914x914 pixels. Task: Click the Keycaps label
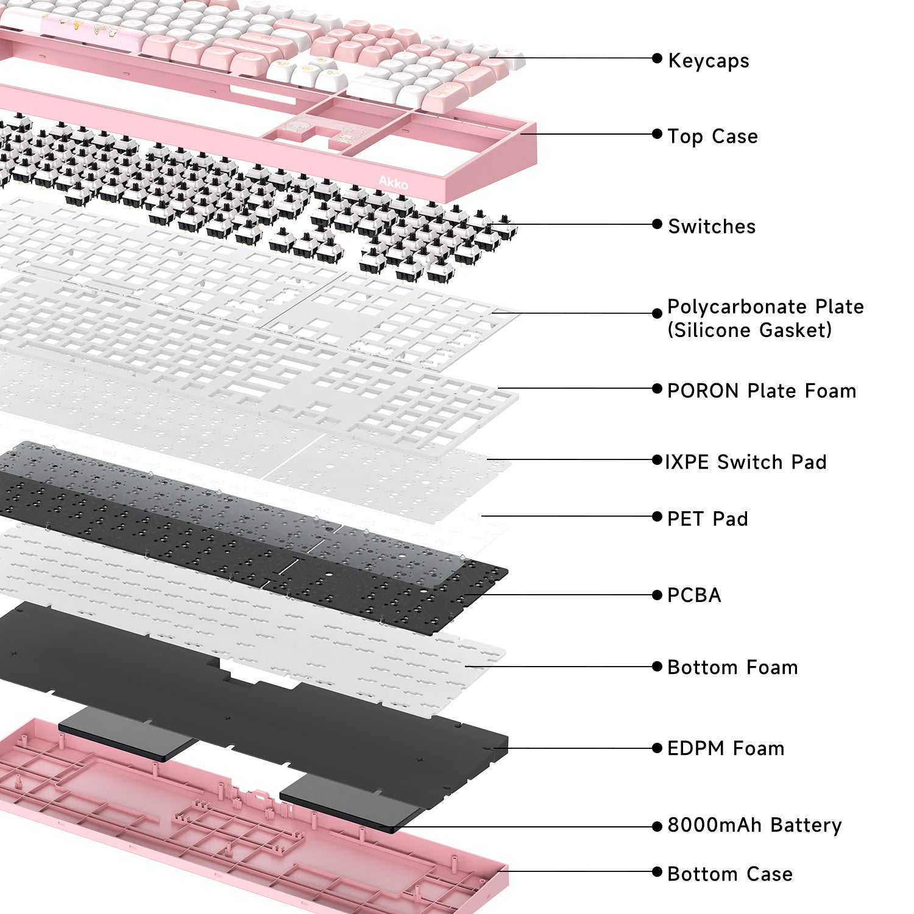(709, 61)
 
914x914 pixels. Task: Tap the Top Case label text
(712, 136)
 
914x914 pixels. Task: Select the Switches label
(712, 227)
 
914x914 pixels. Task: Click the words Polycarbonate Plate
(765, 306)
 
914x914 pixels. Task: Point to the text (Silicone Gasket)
(749, 330)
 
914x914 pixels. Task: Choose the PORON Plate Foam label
(762, 391)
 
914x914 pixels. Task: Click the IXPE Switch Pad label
(746, 462)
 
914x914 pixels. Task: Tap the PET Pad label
(707, 519)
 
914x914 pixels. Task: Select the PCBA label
(694, 595)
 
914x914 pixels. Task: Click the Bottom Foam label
(732, 667)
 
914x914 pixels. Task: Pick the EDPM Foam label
(726, 748)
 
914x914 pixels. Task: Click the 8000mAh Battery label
(754, 825)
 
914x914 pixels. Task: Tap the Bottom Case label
(730, 874)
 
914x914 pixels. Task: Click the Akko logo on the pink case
(393, 182)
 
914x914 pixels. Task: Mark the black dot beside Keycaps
(657, 58)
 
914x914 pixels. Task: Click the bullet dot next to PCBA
(657, 595)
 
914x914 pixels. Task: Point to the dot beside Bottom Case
(657, 872)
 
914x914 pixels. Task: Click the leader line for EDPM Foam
(579, 748)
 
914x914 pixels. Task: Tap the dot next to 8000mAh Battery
(657, 827)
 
